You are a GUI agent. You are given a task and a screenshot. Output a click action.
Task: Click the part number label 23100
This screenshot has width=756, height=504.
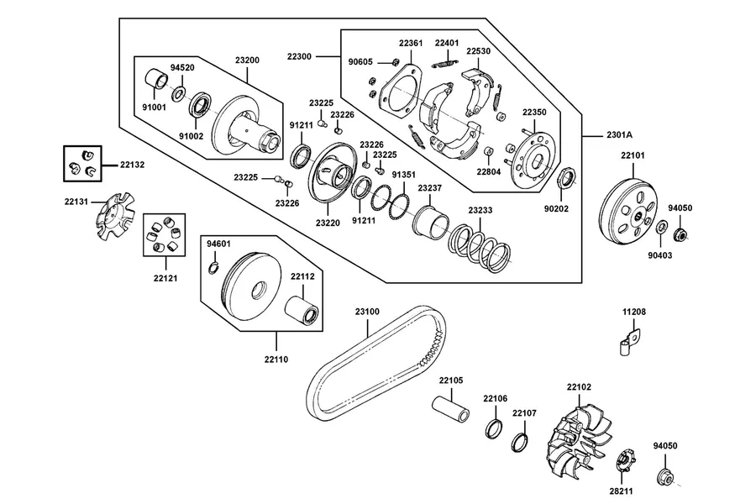[367, 312]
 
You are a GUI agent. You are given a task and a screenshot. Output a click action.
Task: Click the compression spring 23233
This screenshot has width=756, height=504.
[480, 245]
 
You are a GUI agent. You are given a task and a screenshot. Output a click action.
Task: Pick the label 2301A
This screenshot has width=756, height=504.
[620, 135]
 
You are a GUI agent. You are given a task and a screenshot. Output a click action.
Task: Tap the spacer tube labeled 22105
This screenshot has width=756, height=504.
[450, 409]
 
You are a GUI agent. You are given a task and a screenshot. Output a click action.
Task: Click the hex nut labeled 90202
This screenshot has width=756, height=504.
[566, 177]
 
